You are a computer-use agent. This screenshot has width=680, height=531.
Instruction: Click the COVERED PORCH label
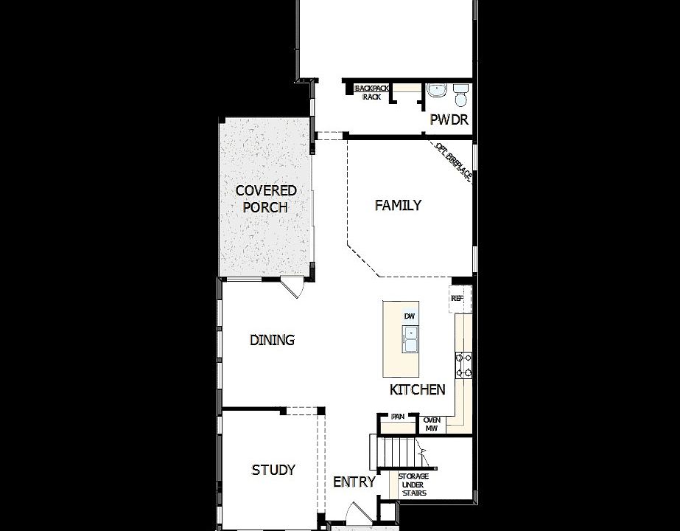266,199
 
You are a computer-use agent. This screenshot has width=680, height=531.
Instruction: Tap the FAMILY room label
398,205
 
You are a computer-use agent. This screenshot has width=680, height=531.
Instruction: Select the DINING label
272,340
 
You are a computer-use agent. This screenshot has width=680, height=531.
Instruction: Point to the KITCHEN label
417,389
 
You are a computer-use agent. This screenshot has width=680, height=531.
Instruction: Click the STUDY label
273,470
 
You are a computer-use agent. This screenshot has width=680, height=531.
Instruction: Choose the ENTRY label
354,482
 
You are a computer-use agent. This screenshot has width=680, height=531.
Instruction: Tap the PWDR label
449,120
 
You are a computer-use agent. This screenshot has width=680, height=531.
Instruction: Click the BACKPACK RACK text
372,92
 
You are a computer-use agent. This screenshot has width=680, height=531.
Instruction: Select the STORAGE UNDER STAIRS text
413,485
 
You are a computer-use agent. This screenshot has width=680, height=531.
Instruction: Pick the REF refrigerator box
457,299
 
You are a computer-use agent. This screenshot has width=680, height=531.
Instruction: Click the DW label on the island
410,316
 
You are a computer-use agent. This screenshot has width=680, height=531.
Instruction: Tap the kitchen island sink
410,339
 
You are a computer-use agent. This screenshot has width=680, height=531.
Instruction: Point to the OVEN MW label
432,423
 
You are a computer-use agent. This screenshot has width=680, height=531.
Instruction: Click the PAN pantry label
398,417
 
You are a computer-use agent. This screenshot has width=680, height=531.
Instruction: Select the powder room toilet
460,95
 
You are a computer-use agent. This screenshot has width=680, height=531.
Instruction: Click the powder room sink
437,91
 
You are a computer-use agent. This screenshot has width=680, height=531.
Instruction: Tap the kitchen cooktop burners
464,365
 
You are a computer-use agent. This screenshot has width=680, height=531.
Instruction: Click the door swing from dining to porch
292,288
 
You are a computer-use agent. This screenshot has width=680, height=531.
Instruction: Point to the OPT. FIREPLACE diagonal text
452,162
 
